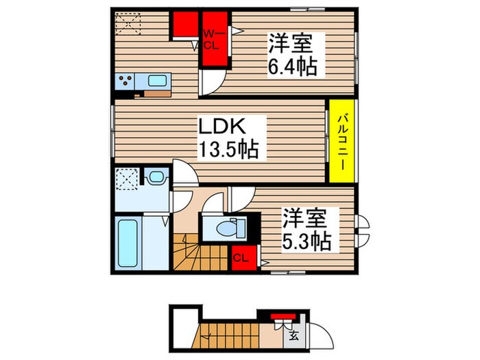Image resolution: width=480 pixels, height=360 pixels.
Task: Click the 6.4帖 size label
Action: pyautogui.click(x=291, y=67)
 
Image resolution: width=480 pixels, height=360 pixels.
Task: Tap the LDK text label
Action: pyautogui.click(x=221, y=127)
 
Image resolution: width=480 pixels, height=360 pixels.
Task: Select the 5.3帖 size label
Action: pyautogui.click(x=306, y=241)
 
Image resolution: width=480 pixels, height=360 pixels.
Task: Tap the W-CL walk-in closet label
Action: pyautogui.click(x=211, y=40)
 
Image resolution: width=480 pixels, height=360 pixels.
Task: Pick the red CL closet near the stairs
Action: pyautogui.click(x=240, y=257)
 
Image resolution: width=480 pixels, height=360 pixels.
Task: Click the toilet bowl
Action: pyautogui.click(x=224, y=227)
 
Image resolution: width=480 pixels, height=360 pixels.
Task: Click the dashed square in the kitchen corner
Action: pyautogui.click(x=127, y=25)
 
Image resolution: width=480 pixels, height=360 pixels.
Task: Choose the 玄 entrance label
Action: pyautogui.click(x=293, y=337)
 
